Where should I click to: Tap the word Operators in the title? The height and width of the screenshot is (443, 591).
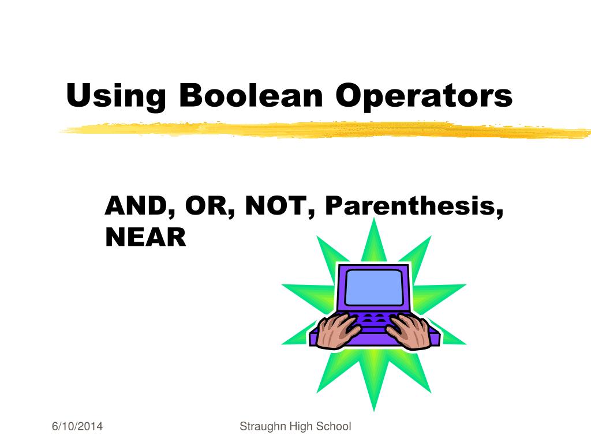(x=425, y=96)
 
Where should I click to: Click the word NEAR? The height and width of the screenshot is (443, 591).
(x=145, y=237)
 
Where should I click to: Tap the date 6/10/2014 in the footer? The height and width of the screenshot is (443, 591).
(x=78, y=427)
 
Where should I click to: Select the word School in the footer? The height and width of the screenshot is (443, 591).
(x=334, y=427)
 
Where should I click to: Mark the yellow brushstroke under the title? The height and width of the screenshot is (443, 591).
(x=323, y=129)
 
